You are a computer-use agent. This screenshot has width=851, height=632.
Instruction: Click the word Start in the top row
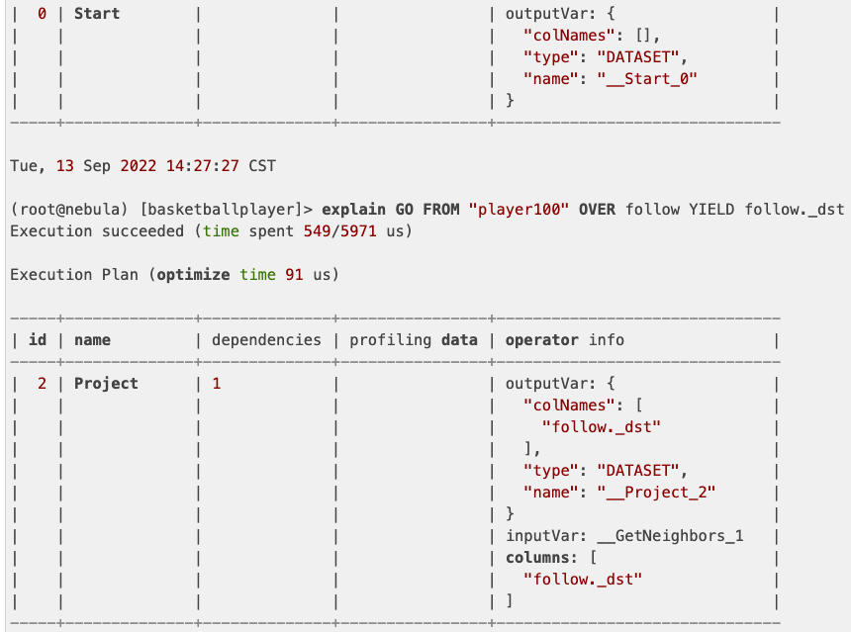point(97,15)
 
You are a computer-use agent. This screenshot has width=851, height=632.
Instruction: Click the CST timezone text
point(262,166)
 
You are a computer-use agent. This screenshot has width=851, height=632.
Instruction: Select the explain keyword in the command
point(354,210)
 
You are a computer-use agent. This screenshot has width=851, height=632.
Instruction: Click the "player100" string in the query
point(520,210)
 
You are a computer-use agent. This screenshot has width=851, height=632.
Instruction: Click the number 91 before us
point(294,275)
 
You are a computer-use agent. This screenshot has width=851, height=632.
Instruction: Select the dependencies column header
point(267,340)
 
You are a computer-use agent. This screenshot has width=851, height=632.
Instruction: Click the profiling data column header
point(409,340)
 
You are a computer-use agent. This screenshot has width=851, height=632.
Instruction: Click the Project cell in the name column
point(106,384)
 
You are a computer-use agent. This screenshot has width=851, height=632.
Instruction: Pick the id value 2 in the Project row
point(43,384)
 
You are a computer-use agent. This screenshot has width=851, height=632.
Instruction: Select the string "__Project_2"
point(655,493)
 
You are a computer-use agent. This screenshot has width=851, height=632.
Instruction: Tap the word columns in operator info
point(537,558)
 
